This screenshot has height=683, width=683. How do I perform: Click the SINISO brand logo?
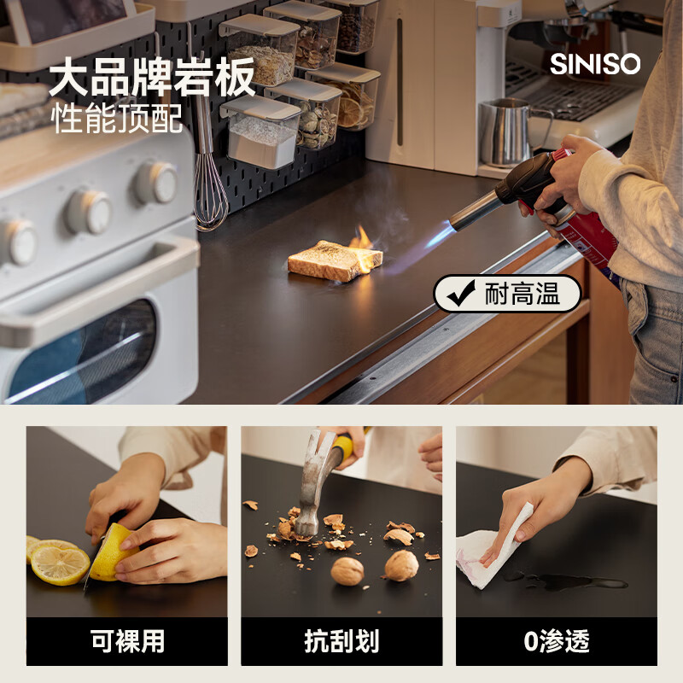click(x=595, y=64)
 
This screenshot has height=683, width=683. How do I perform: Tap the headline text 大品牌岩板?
click(x=152, y=77)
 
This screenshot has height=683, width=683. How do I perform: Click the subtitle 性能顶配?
click(x=116, y=118)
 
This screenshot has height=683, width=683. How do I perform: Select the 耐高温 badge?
click(x=507, y=294)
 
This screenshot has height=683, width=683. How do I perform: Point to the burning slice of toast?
click(x=335, y=260)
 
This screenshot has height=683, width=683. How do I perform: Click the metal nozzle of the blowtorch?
click(x=476, y=210)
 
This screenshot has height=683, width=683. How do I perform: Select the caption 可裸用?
click(x=127, y=641)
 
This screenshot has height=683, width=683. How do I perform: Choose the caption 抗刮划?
click(x=341, y=641)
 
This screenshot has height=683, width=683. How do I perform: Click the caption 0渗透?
click(x=557, y=641)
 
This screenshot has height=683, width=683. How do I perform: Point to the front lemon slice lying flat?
click(x=60, y=565)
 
